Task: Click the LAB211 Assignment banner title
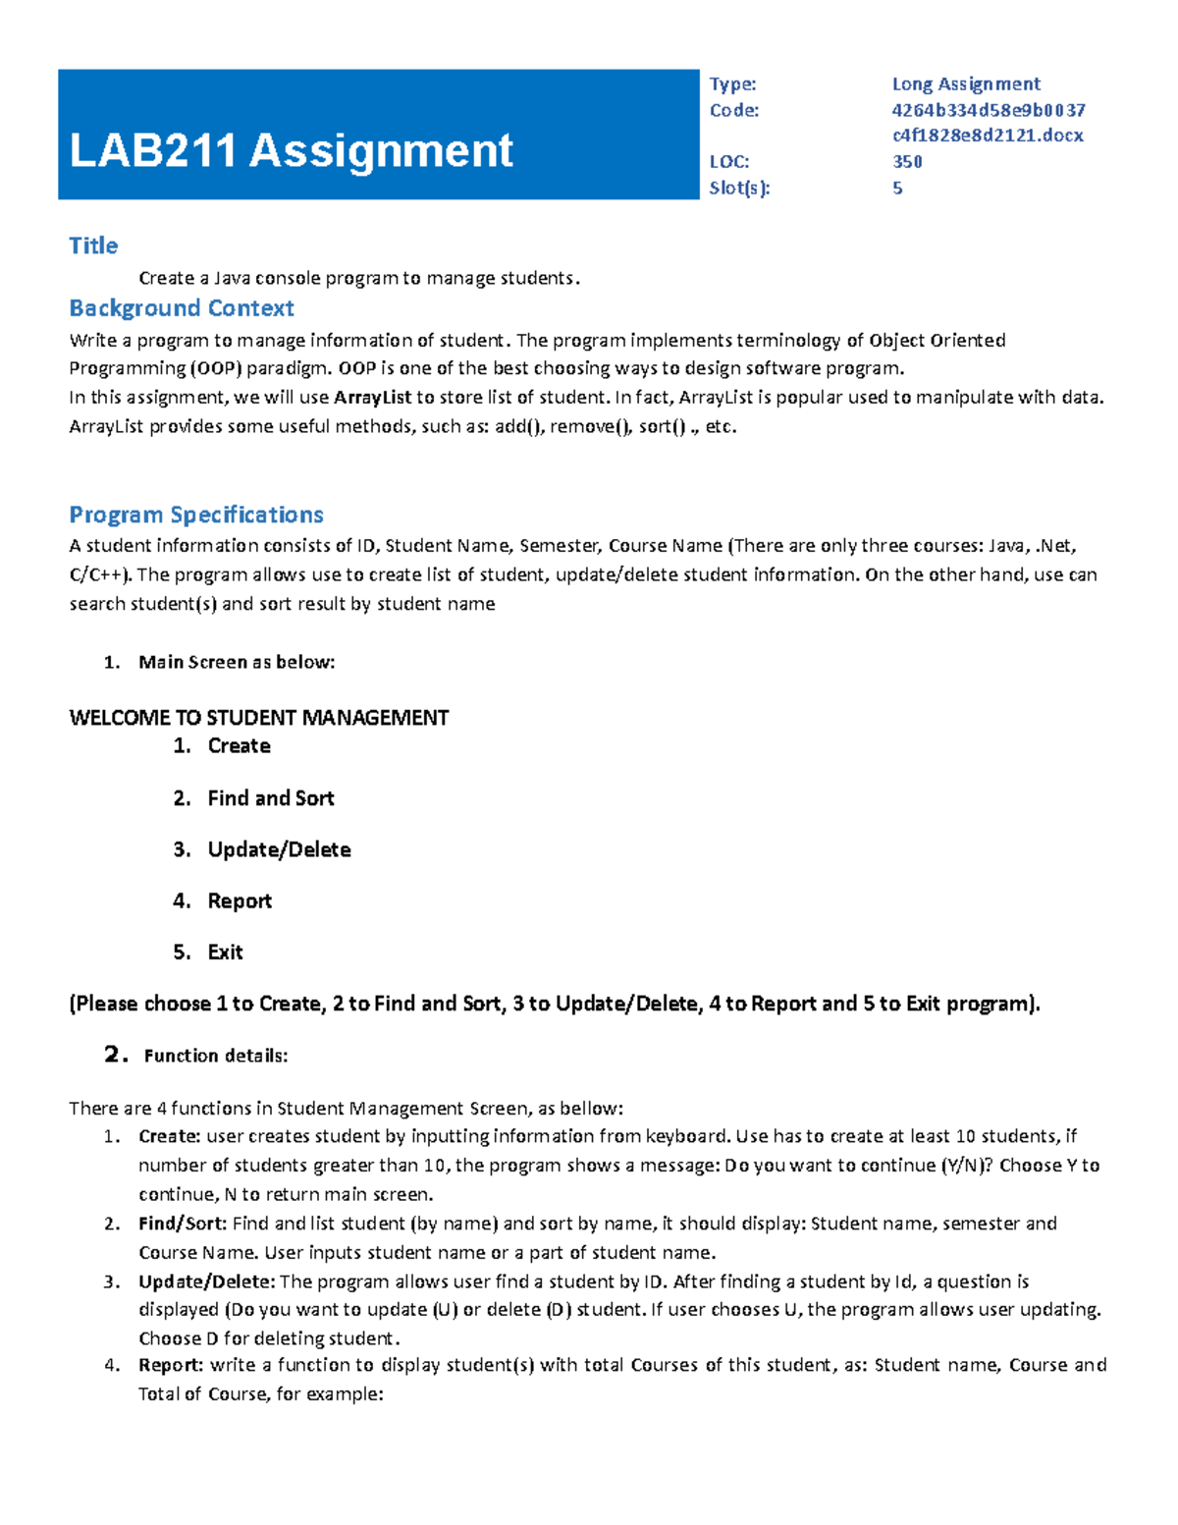(x=291, y=151)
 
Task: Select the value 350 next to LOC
(x=906, y=162)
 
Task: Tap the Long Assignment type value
(x=965, y=84)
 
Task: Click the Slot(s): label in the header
(x=739, y=188)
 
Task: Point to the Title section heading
(x=93, y=245)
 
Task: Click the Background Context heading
(x=181, y=308)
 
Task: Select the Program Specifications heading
(x=195, y=515)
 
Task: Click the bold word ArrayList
(x=372, y=398)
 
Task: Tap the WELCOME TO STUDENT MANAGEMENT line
(x=258, y=718)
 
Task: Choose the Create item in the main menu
(x=239, y=746)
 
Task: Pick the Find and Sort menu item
(x=270, y=798)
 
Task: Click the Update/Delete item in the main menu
(x=279, y=849)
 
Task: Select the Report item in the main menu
(x=240, y=901)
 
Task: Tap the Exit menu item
(x=225, y=953)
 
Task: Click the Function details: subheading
(x=215, y=1056)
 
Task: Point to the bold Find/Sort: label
(x=183, y=1224)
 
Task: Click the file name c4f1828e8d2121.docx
(x=987, y=136)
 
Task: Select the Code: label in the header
(x=734, y=110)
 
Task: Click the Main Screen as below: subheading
(x=237, y=662)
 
